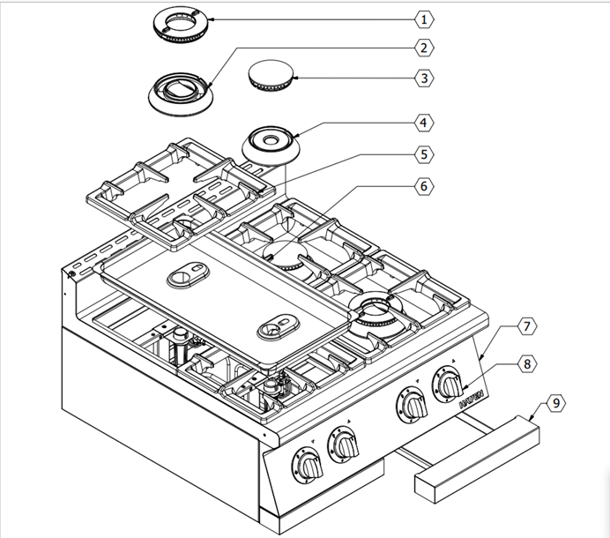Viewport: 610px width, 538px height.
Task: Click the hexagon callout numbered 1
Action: click(423, 19)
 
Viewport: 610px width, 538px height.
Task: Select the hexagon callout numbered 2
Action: click(423, 48)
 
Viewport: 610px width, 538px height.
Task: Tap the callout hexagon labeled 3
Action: click(423, 78)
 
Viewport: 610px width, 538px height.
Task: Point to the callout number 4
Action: click(423, 123)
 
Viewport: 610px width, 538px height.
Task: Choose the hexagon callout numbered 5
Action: click(423, 153)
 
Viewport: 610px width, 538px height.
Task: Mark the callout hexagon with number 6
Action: click(423, 186)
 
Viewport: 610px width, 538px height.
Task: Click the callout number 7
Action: click(525, 327)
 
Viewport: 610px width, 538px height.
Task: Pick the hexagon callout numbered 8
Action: click(525, 362)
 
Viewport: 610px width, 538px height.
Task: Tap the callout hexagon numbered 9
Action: click(554, 403)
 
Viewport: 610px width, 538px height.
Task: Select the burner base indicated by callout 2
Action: click(180, 91)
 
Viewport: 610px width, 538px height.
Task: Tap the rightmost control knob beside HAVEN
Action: click(450, 385)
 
